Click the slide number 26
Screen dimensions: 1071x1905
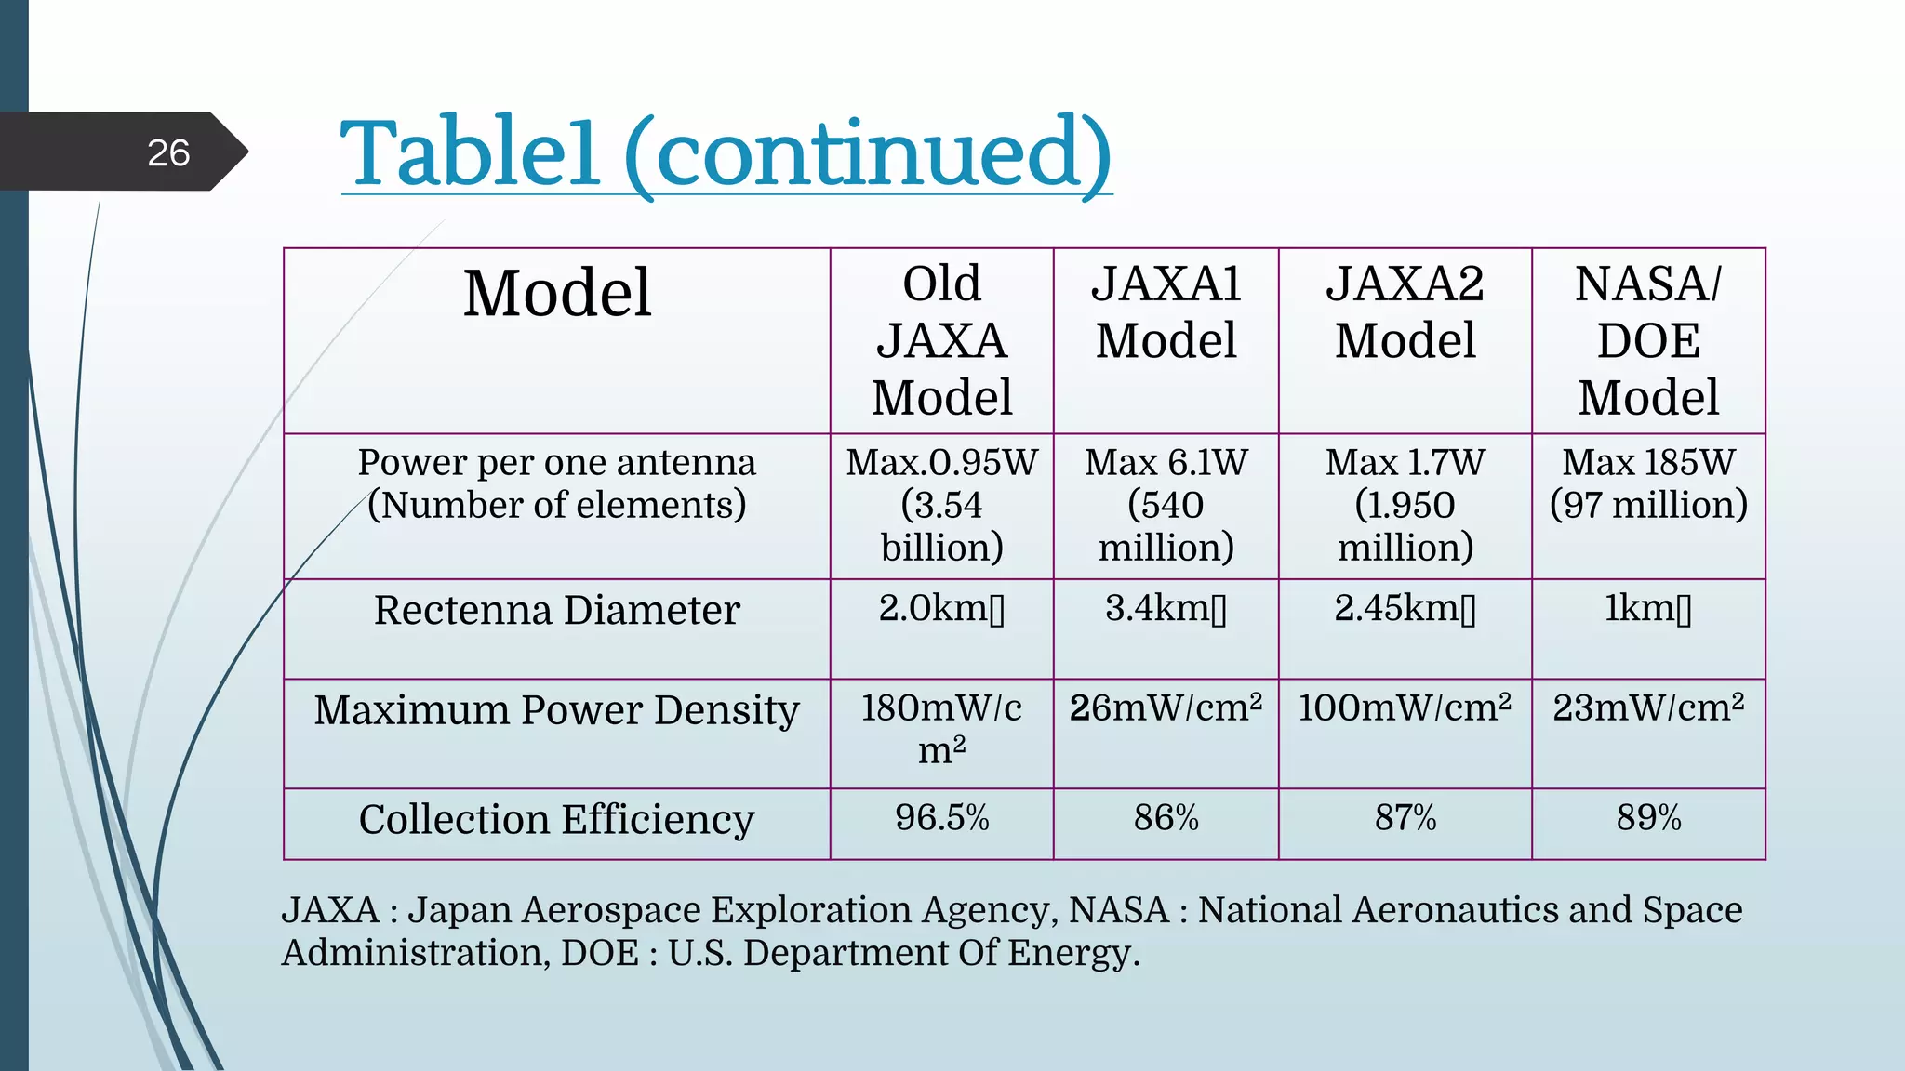tap(168, 152)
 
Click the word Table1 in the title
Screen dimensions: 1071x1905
tap(470, 153)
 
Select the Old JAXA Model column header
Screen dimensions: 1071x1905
tap(941, 340)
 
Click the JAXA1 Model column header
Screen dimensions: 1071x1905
tap(1166, 312)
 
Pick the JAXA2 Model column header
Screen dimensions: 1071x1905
tap(1405, 312)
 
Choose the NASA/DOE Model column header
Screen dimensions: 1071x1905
tap(1648, 340)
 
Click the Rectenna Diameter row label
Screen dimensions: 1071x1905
tap(556, 611)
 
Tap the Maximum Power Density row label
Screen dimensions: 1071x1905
tap(556, 710)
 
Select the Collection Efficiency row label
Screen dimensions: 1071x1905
tap(556, 820)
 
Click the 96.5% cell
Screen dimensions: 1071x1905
tap(941, 818)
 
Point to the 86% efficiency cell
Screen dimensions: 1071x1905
tap(1166, 818)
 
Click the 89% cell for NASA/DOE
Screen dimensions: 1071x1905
tap(1648, 818)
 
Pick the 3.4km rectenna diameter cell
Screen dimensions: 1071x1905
tap(1166, 609)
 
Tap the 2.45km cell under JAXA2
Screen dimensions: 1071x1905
tap(1405, 609)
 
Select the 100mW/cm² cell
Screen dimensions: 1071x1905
tap(1405, 708)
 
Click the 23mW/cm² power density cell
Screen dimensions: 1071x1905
tap(1648, 708)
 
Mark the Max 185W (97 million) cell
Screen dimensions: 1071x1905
tap(1648, 483)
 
